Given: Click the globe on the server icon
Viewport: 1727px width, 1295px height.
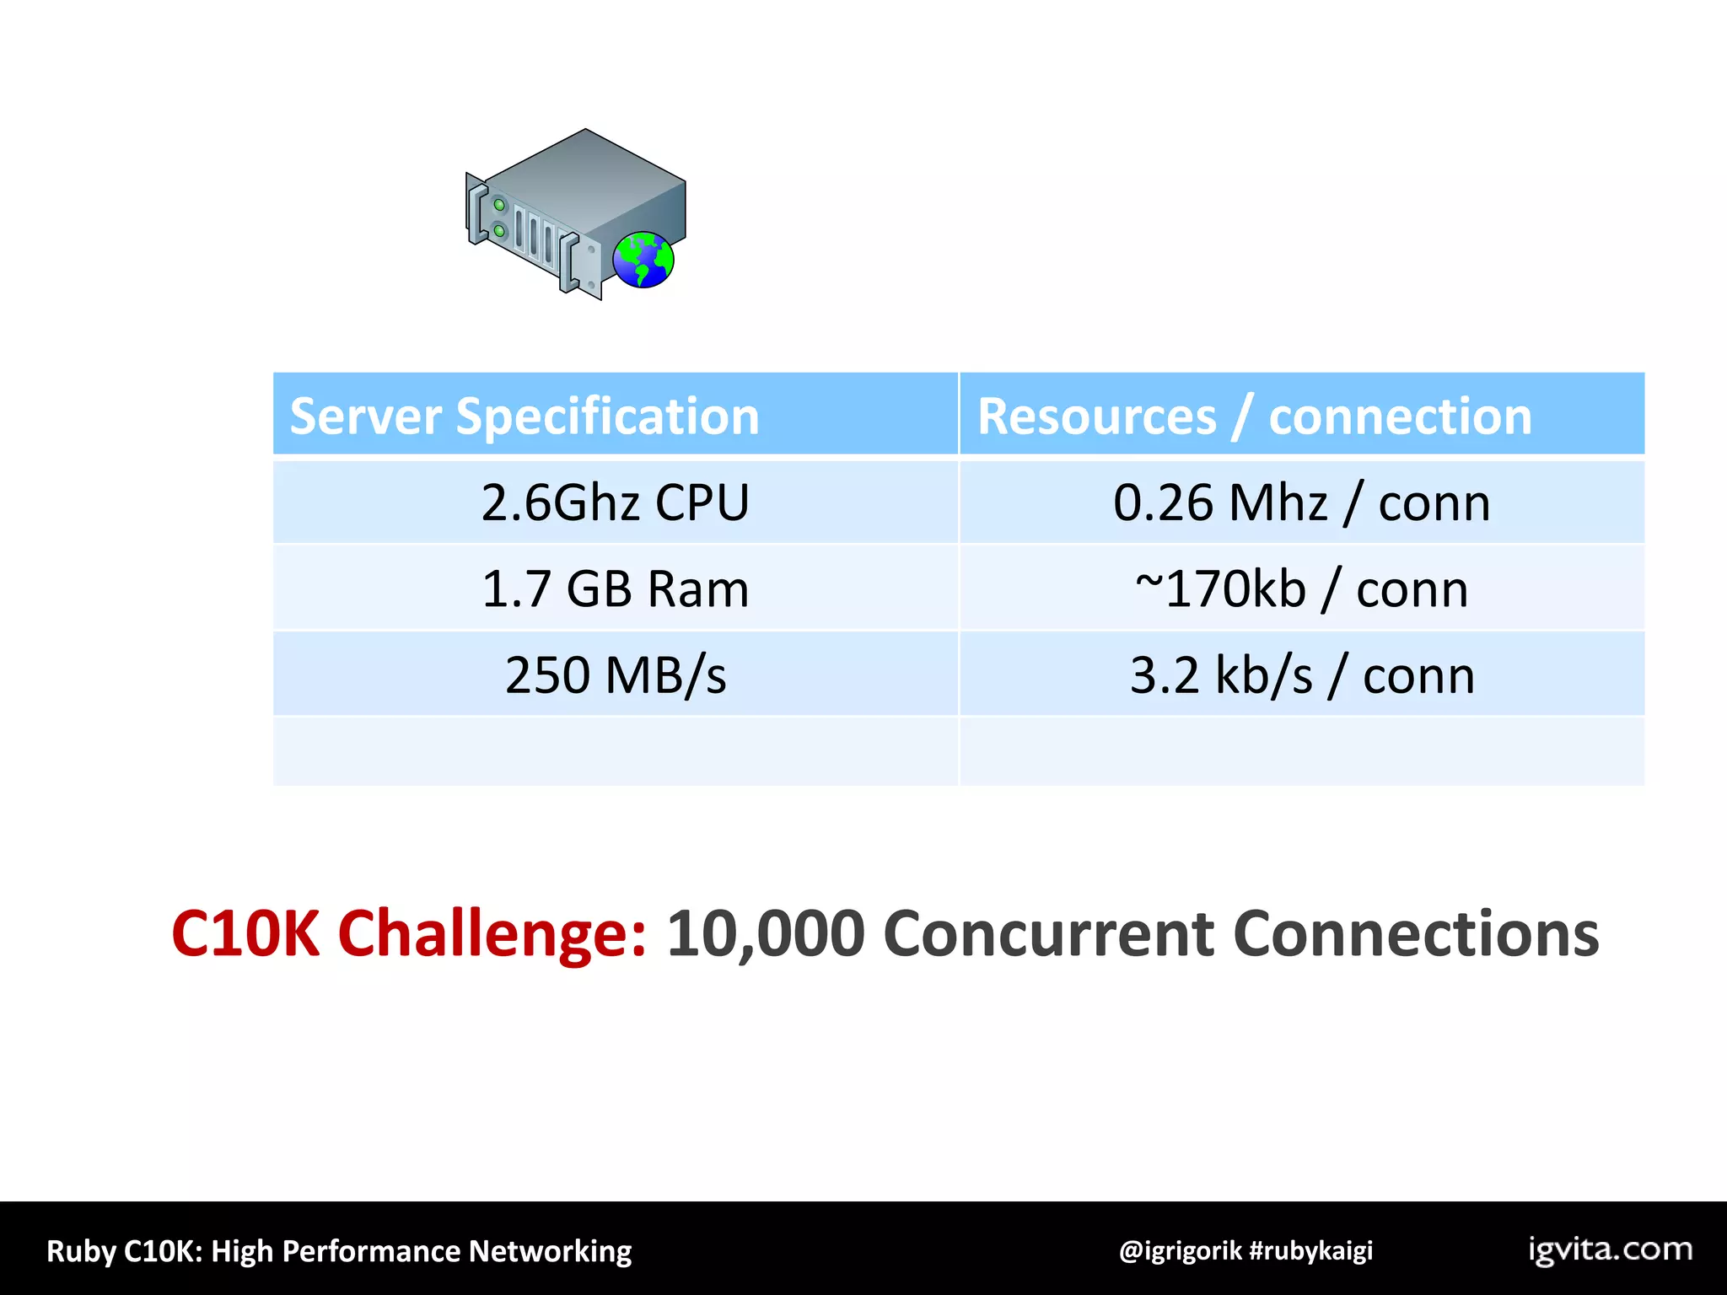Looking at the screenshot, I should pos(643,260).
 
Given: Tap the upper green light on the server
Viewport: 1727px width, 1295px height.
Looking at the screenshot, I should pos(499,204).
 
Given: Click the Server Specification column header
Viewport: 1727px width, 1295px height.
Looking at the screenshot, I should pos(525,416).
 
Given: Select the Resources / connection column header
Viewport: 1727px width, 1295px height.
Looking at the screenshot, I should pos(1254,416).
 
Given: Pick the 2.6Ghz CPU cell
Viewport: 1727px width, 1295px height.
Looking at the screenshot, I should pos(615,503).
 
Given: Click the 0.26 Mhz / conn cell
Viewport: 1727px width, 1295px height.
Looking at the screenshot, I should pos(1301,503).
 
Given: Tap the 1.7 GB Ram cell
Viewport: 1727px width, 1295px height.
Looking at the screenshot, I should pos(615,589).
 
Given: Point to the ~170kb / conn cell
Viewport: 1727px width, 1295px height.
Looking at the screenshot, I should pos(1301,589).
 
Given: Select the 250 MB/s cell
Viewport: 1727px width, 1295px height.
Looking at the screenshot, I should pos(615,675).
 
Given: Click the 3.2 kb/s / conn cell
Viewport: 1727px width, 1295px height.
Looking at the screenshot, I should pos(1301,675).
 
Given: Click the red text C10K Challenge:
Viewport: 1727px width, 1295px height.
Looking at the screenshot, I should pos(409,934).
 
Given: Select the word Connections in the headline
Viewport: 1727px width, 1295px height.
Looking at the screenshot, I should pos(1416,934).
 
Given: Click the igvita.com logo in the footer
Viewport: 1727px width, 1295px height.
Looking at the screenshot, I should pos(1610,1249).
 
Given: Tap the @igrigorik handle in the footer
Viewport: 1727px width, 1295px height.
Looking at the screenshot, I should pos(1180,1250).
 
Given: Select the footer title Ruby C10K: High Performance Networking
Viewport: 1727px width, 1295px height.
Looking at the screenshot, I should pos(339,1251).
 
